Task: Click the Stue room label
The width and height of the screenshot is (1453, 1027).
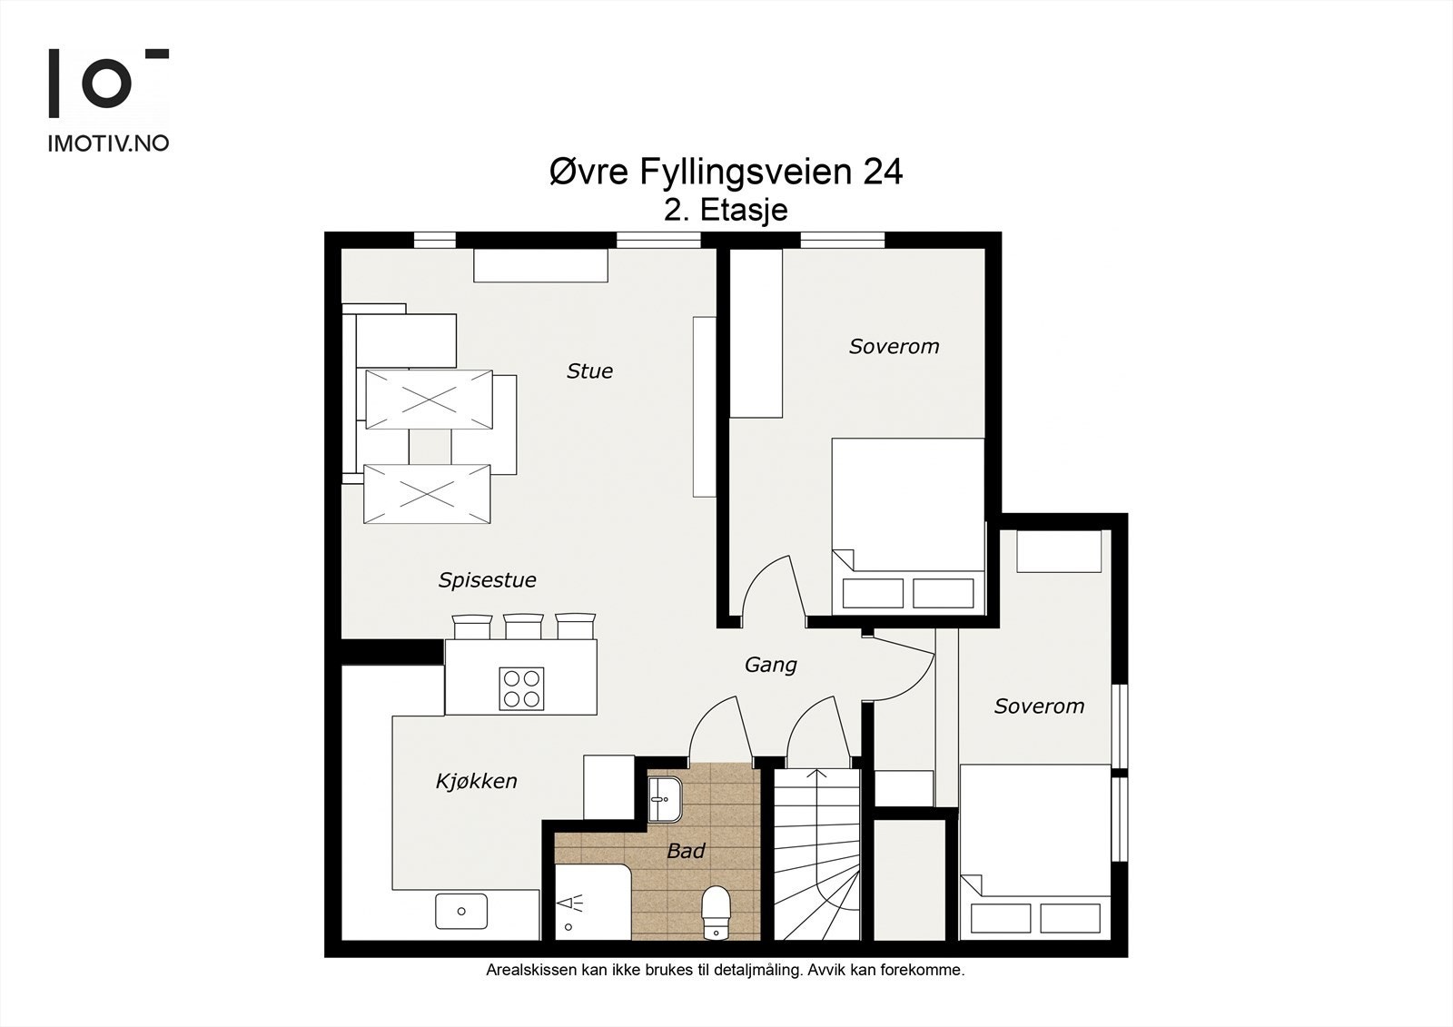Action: [589, 371]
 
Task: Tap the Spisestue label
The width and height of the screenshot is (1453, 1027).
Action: [487, 580]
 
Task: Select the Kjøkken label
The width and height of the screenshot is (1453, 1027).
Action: [476, 781]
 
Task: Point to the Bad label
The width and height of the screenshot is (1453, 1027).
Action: [686, 851]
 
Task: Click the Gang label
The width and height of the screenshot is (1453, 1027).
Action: [771, 665]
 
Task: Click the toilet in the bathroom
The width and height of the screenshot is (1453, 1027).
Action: [717, 913]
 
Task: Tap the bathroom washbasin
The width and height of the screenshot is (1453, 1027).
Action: [665, 799]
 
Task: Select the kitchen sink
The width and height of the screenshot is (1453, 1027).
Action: [461, 911]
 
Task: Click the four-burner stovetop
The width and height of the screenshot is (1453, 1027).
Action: [521, 688]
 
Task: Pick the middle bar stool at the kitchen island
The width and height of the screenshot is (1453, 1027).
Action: [523, 627]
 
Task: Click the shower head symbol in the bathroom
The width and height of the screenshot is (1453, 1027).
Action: [571, 903]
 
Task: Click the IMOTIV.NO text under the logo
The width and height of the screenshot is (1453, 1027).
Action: [108, 143]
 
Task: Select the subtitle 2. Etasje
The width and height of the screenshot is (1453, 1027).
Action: [726, 210]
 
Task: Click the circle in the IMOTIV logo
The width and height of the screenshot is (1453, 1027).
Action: [107, 83]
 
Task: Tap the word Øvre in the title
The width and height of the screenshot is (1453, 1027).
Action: [589, 172]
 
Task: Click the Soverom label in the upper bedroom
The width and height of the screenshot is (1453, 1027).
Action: [894, 347]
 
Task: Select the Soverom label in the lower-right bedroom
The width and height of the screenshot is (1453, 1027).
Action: [1039, 706]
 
